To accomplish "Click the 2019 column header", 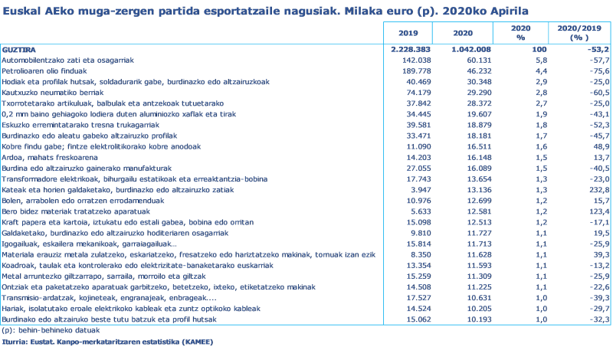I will click(x=408, y=33).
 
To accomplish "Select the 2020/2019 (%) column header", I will click(x=579, y=33).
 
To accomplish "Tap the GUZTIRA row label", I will click(x=20, y=48).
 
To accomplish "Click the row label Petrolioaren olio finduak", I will click(x=48, y=70).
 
